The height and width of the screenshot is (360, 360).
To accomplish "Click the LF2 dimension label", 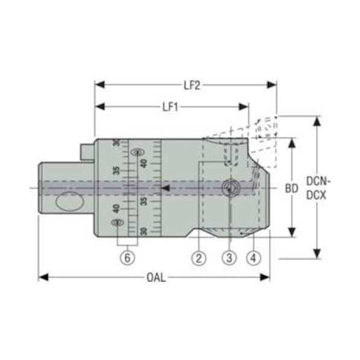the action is tap(192, 85).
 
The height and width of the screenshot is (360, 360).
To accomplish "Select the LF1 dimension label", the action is tap(170, 107).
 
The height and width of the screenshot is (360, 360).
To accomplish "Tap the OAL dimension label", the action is tap(156, 278).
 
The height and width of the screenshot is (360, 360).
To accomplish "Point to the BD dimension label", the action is tap(291, 188).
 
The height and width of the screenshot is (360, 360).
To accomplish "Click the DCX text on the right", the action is tap(317, 196).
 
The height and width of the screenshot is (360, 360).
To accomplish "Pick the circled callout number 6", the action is tap(128, 258).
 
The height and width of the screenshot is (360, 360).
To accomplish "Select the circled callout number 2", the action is tap(199, 258).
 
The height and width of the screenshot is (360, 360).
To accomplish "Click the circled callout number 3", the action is tap(229, 258).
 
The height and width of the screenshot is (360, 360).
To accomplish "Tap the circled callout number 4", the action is tap(253, 258).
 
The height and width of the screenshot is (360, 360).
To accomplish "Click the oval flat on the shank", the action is tap(69, 201).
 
